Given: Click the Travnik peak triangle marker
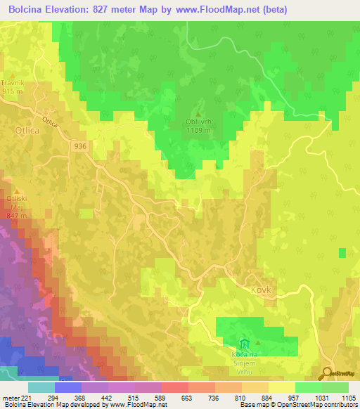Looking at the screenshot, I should [x=12, y=75].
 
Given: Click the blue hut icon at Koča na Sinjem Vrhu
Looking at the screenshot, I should [x=244, y=344].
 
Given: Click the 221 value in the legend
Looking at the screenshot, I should [x=25, y=398].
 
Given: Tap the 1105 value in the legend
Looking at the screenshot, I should [x=348, y=398].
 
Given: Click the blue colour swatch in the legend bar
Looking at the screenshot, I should [x=68, y=387].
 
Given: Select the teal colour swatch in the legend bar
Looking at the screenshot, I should [x=41, y=387].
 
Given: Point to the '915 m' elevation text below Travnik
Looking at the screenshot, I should [x=12, y=91].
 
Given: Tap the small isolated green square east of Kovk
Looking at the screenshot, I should [x=342, y=252].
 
